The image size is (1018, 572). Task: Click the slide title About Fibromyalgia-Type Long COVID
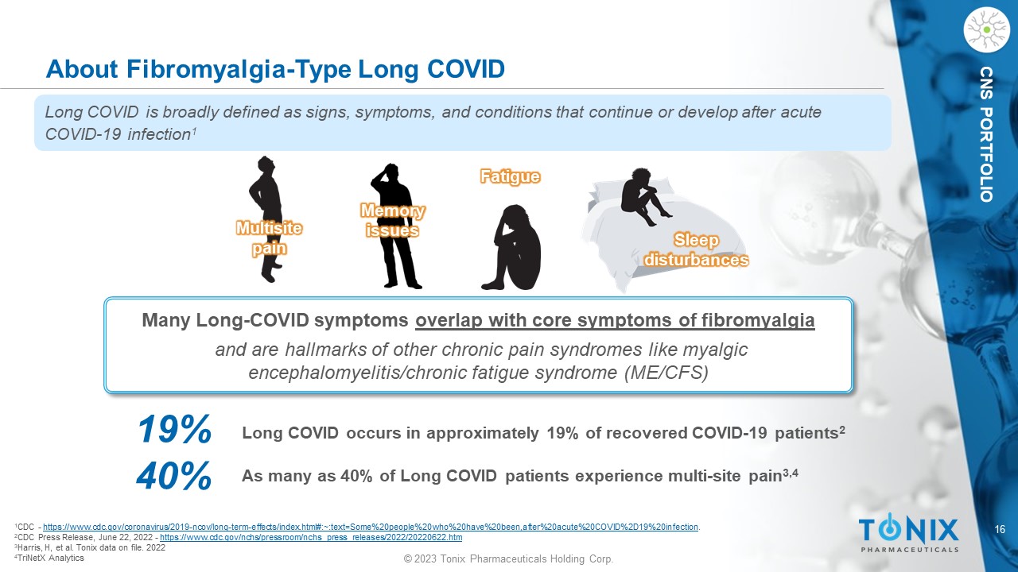(275, 69)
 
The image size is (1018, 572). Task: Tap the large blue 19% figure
(174, 428)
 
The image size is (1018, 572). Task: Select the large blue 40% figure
(174, 476)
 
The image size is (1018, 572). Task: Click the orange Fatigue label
(510, 176)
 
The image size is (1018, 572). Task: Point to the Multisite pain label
(269, 238)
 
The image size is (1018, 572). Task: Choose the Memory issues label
(393, 221)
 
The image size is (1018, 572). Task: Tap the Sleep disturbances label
(696, 249)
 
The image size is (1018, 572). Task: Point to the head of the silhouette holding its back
(266, 164)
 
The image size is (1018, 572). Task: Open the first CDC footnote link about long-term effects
(371, 527)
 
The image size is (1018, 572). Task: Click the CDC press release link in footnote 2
(311, 538)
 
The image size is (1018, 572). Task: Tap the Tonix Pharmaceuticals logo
(908, 533)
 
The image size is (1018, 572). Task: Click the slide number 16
(1000, 529)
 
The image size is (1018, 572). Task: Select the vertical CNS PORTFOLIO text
(987, 134)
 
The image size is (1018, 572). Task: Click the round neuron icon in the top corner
(987, 30)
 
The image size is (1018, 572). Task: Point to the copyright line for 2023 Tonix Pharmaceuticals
(508, 558)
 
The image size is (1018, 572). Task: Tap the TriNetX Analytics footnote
(49, 558)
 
